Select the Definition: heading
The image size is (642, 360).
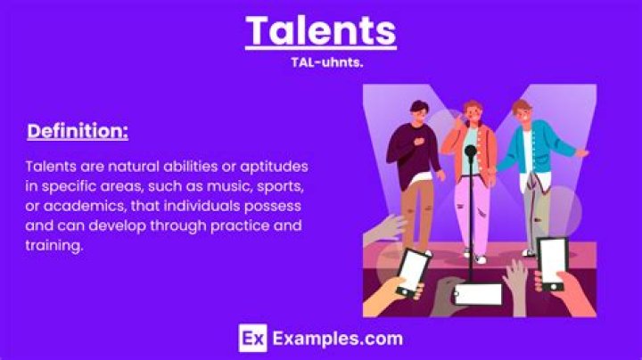(78, 132)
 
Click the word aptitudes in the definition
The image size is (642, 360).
(269, 167)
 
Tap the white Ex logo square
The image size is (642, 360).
(253, 339)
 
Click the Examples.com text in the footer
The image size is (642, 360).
(337, 339)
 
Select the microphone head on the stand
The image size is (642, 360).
(471, 151)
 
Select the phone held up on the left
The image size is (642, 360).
(412, 271)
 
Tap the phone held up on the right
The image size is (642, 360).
(550, 265)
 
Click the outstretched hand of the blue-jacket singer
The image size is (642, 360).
(582, 153)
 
